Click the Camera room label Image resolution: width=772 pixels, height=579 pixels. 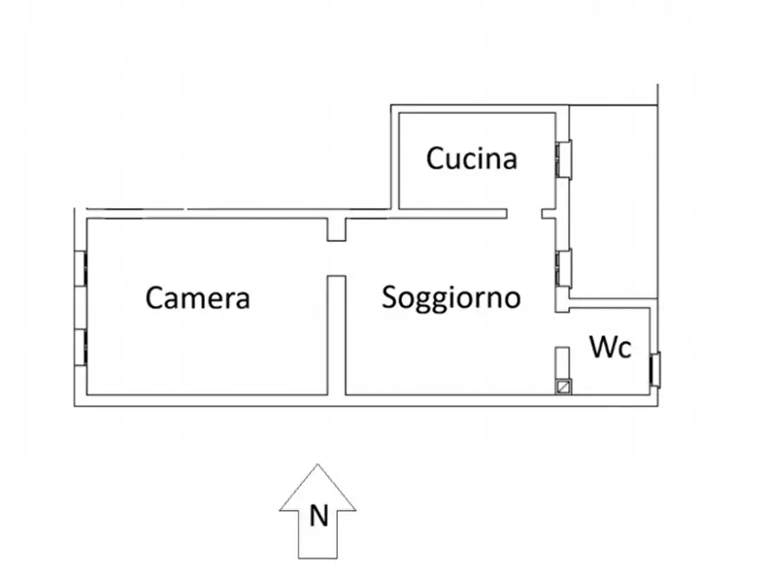click(197, 297)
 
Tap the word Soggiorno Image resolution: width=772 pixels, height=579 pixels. click(450, 297)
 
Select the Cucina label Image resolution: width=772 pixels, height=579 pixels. click(472, 159)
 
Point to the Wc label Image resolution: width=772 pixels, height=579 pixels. click(610, 347)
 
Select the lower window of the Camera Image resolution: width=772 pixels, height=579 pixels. click(80, 347)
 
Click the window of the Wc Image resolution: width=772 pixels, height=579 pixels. click(655, 369)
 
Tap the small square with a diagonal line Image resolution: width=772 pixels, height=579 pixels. click(563, 387)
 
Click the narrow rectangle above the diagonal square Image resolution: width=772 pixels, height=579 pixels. click(563, 362)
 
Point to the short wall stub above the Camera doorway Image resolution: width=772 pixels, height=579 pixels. click(336, 230)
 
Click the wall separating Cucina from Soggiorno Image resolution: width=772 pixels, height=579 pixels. click(450, 213)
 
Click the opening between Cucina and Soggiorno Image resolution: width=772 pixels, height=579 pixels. click(525, 213)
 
